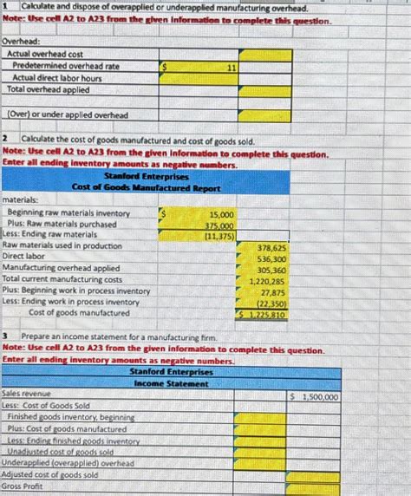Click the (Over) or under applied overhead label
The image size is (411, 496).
(67, 115)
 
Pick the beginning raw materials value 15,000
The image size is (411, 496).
(221, 213)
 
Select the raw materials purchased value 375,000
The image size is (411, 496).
(220, 224)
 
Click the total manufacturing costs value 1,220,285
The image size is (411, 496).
(269, 280)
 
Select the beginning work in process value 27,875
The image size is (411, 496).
(274, 291)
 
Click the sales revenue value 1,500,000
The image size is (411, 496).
(314, 396)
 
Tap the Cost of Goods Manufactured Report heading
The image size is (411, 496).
(146, 187)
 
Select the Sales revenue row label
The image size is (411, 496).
(24, 395)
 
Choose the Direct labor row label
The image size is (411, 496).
(24, 257)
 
